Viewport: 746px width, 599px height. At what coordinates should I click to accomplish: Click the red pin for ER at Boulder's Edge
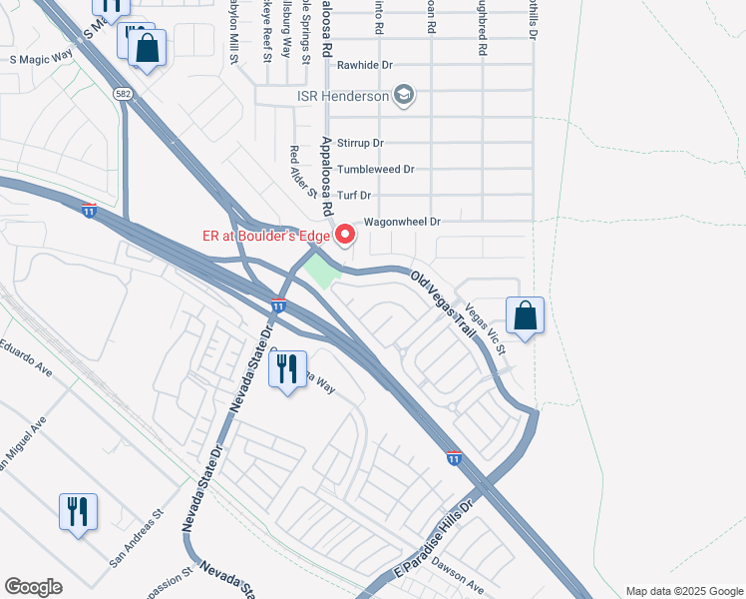346,235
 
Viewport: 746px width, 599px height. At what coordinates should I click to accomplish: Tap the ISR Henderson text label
342,97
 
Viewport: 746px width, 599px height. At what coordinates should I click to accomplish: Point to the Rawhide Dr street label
366,65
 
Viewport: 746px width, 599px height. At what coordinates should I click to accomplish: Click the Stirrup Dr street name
360,144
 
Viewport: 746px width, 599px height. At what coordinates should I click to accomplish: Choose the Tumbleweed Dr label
375,171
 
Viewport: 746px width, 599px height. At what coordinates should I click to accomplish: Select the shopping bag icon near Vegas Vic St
525,316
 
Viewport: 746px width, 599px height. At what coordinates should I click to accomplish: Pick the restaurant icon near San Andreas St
78,512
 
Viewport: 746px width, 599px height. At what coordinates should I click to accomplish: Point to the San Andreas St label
136,540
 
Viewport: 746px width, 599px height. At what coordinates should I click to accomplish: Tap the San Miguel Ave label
24,438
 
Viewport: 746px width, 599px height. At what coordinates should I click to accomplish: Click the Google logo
33,587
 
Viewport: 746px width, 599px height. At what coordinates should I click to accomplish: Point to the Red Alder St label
302,171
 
